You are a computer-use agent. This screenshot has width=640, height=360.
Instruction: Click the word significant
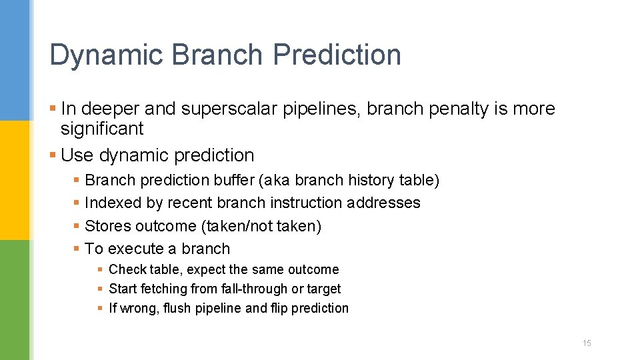coord(102,128)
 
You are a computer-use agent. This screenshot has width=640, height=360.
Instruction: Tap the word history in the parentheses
coord(375,180)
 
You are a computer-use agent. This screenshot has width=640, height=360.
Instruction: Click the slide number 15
coord(587,343)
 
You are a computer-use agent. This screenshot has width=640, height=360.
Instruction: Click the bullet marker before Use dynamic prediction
coord(53,155)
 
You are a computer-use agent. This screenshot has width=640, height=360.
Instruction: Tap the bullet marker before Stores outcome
coord(77,226)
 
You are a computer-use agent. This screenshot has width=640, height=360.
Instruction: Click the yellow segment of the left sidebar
coord(15,180)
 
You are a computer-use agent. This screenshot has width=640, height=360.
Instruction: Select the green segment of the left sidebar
coord(15,300)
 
